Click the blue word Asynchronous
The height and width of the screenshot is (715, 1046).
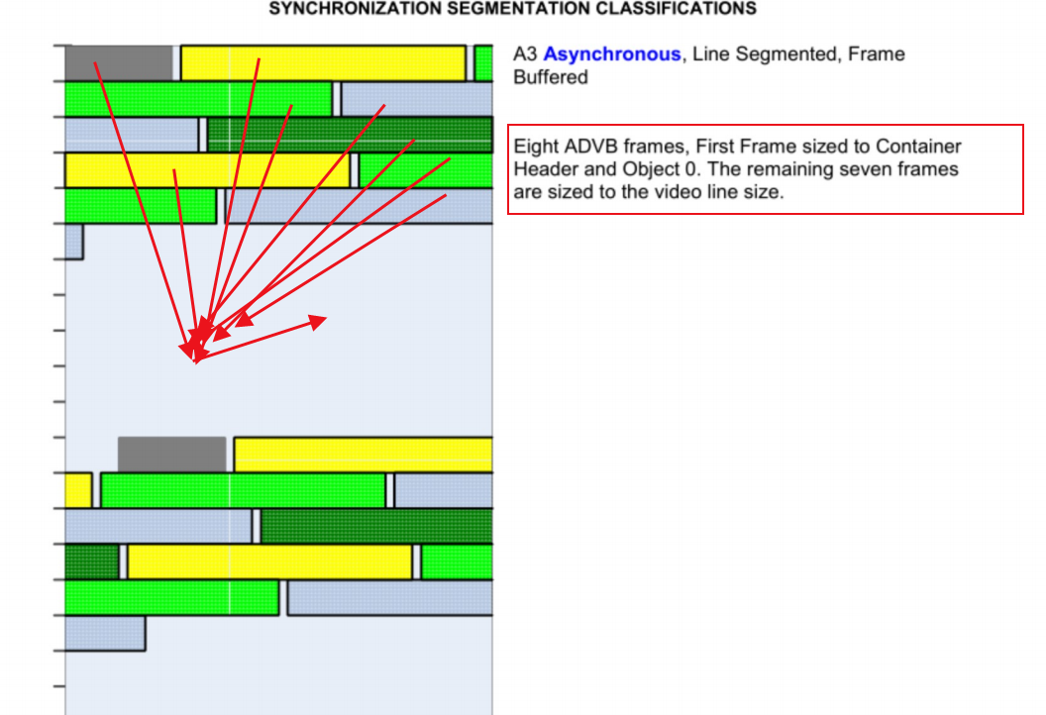(x=612, y=54)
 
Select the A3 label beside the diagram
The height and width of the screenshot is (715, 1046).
(x=526, y=54)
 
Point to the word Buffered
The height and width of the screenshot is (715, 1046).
(x=549, y=77)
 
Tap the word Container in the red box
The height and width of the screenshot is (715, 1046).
(x=918, y=147)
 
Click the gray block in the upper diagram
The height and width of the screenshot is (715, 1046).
(x=118, y=63)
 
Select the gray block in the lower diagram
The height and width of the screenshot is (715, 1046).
(x=171, y=455)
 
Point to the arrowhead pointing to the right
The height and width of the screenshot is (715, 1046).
(x=317, y=321)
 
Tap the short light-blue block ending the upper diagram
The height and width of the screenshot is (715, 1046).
(x=74, y=242)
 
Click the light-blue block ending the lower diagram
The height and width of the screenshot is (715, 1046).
(x=105, y=634)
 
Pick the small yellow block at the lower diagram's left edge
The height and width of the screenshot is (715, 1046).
(x=78, y=490)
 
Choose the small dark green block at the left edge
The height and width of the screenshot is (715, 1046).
(x=92, y=562)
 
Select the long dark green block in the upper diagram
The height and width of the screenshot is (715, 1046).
(x=350, y=135)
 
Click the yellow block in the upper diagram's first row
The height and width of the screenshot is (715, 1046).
(x=323, y=63)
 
